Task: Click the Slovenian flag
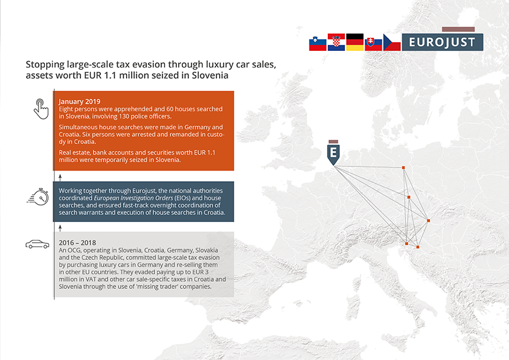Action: tap(317, 43)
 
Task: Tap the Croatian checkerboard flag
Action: tap(336, 42)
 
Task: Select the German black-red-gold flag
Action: tap(355, 42)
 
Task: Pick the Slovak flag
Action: tap(373, 44)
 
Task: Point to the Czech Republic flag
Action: tap(392, 42)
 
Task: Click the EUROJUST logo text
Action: tap(442, 42)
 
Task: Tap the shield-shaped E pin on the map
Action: tap(333, 153)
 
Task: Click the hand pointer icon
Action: tap(41, 109)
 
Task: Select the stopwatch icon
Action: tap(38, 197)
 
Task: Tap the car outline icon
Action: tap(37, 244)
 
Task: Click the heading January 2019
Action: tap(79, 102)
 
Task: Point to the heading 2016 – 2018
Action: tap(78, 243)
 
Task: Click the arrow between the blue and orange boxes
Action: tap(60, 177)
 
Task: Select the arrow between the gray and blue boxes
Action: tap(60, 227)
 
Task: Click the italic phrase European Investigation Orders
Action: tap(133, 198)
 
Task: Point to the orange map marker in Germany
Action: tap(404, 168)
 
